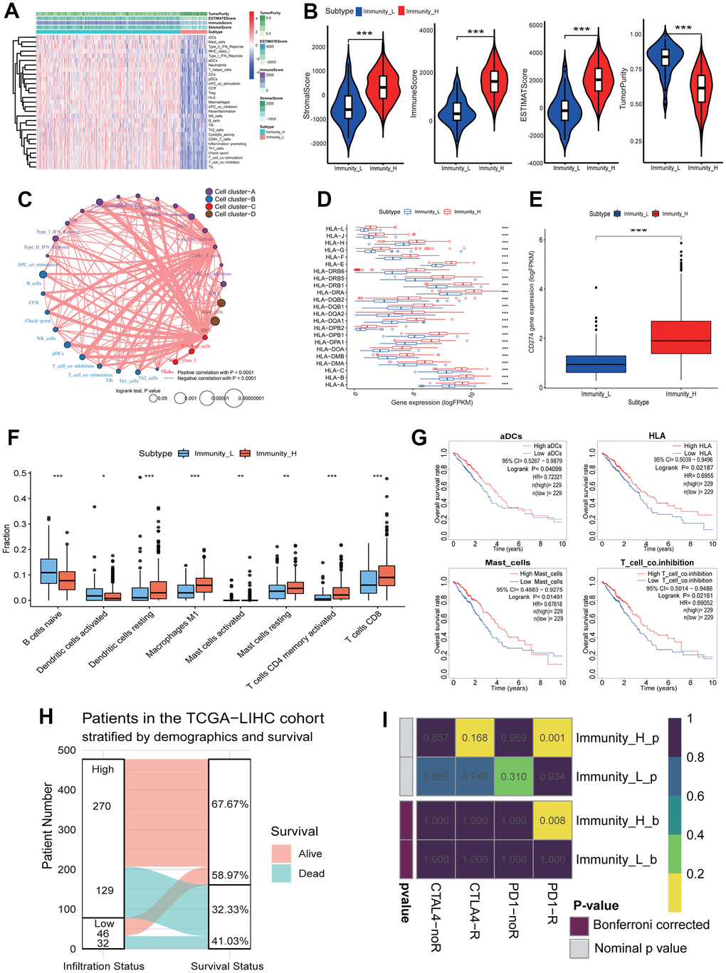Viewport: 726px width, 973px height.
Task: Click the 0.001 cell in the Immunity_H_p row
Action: pos(552,738)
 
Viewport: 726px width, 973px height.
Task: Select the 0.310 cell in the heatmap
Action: pos(513,777)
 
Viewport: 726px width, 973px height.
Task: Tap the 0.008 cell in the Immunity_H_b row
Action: pos(552,820)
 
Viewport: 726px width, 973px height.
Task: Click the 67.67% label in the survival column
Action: pos(229,804)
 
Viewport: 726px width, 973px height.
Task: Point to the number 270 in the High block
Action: pos(102,806)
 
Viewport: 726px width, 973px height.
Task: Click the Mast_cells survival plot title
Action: pos(507,563)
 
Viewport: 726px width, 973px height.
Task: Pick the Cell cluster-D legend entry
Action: pos(235,214)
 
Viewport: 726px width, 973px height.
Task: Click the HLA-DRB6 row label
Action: pos(329,271)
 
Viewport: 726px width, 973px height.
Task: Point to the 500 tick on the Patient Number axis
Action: pos(67,750)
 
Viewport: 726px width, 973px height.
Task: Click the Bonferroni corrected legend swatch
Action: pos(579,925)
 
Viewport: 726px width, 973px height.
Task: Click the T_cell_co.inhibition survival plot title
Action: pos(657,563)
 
